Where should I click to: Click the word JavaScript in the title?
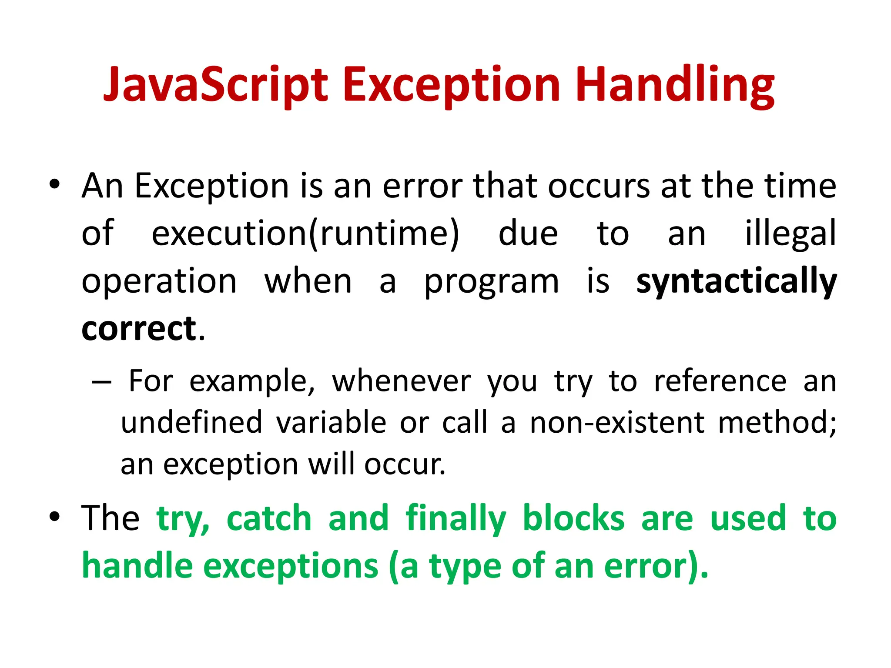pos(215,85)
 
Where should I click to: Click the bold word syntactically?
pos(736,281)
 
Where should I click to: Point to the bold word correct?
pos(139,328)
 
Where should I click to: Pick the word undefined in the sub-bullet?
pos(191,422)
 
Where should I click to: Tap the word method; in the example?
pos(777,422)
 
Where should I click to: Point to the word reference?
pos(720,381)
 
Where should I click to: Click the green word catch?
pos(269,518)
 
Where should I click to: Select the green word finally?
pos(456,518)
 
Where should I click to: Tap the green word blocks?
pos(573,518)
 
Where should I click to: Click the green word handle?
pos(137,566)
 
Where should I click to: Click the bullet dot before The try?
pos(54,517)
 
